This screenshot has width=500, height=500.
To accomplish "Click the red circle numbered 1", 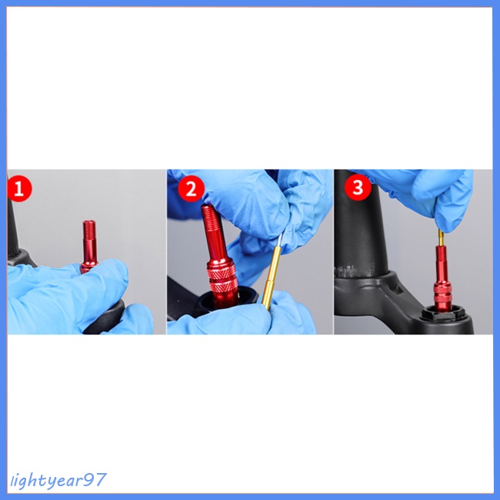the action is tap(19, 188).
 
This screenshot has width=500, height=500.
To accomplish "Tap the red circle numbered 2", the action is tap(191, 188).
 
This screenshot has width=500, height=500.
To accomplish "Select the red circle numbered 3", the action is tap(358, 187).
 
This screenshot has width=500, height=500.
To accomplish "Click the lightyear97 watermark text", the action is tap(58, 480).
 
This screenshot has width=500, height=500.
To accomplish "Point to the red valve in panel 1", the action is tap(88, 246).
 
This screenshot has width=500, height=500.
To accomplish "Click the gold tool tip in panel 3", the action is tap(441, 238).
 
